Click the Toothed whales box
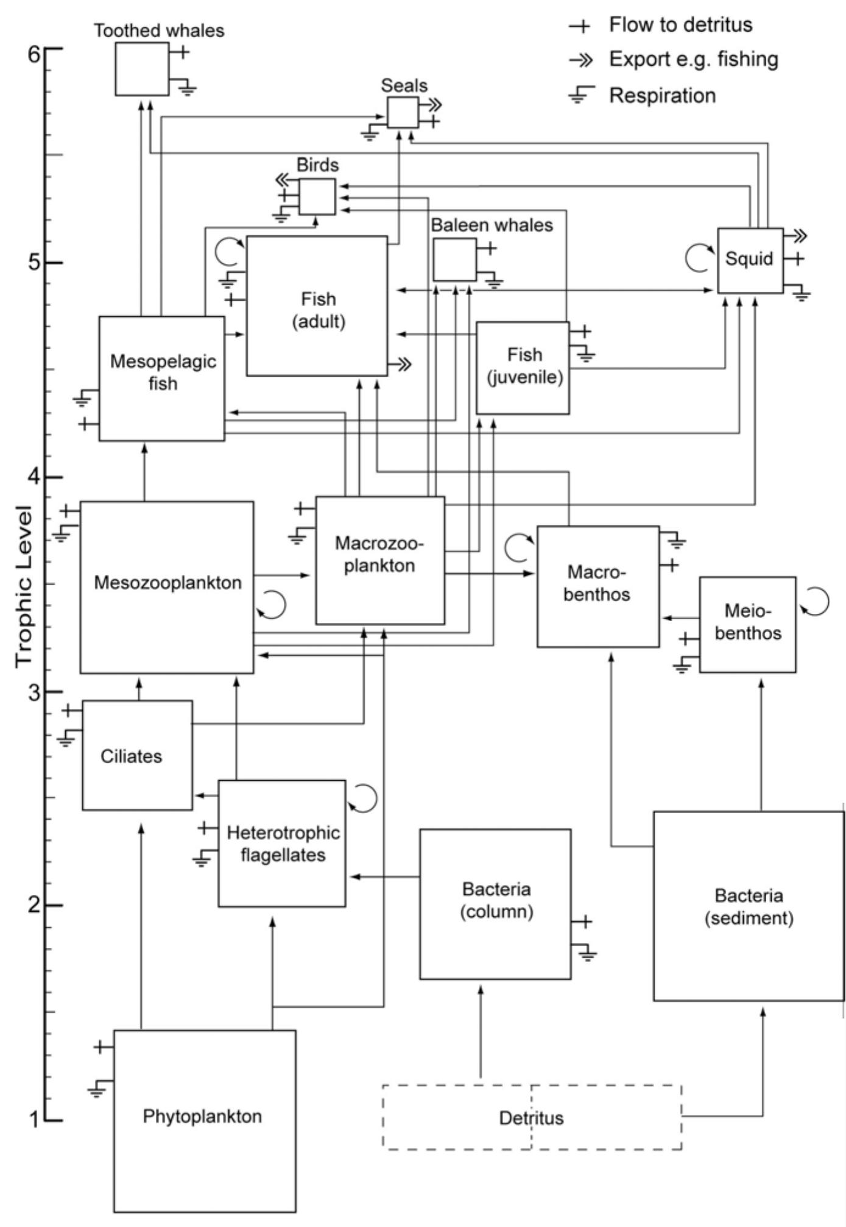[x=142, y=69]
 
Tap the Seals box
[x=403, y=112]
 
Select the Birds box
[x=317, y=196]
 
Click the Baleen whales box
[x=454, y=260]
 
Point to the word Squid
[x=749, y=258]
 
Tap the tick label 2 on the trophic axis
[x=34, y=905]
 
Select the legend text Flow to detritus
[x=680, y=25]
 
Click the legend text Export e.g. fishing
[x=693, y=60]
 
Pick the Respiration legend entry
[x=662, y=96]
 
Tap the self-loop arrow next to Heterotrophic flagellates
[x=363, y=798]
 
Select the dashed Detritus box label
[x=531, y=1118]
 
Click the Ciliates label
[x=132, y=756]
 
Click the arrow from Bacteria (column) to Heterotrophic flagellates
[x=384, y=877]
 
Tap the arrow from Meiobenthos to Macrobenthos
[x=679, y=618]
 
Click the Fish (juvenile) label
[x=524, y=365]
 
